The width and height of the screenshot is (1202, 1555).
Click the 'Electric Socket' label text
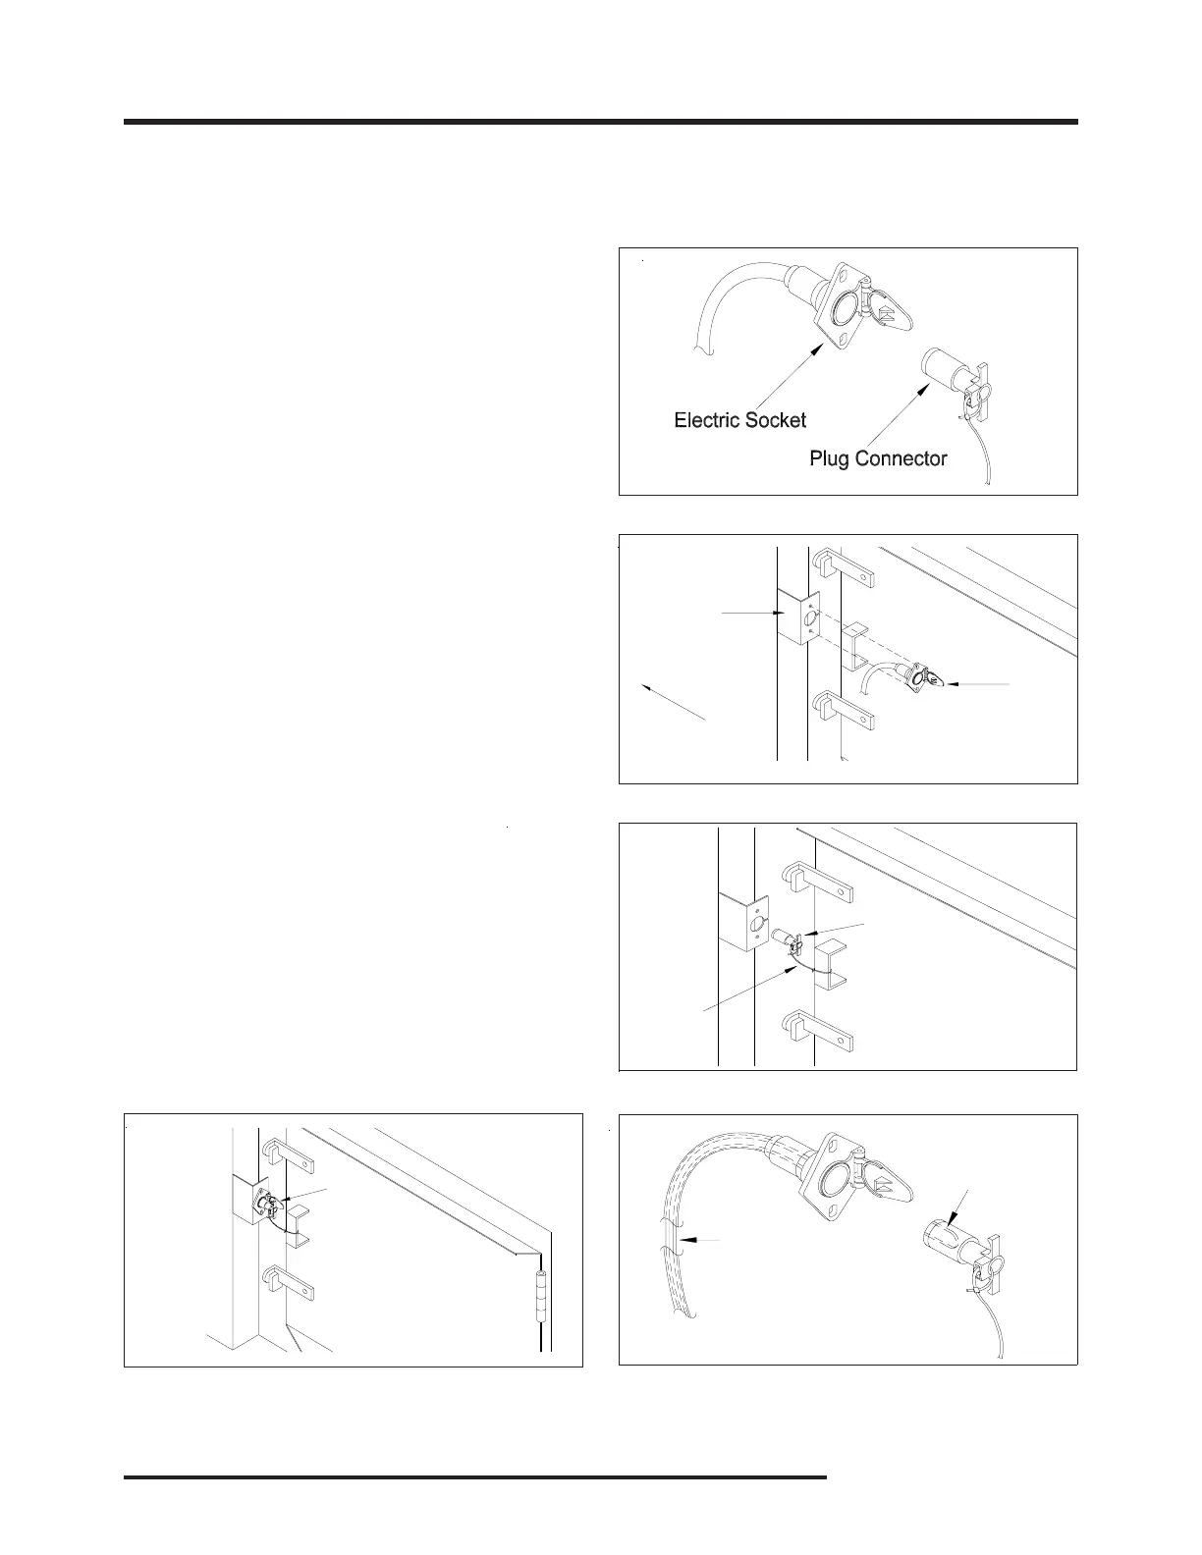point(739,420)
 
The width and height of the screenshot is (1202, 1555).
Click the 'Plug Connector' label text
point(878,458)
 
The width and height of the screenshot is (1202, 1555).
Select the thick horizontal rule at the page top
point(600,123)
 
